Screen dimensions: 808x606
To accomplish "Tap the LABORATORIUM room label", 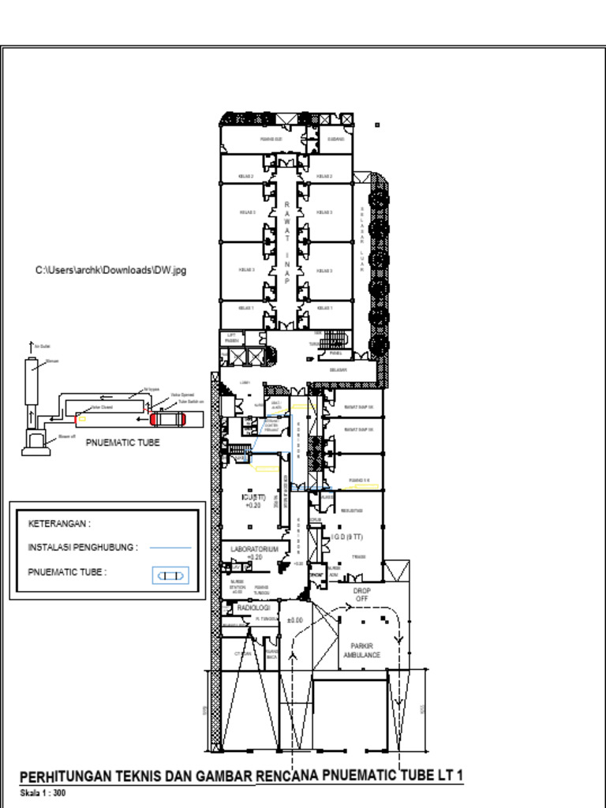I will click(254, 548).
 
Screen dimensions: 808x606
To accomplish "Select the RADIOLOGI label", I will click(254, 608).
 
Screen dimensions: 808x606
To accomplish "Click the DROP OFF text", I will click(361, 594).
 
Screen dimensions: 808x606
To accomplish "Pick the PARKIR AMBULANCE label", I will click(361, 650).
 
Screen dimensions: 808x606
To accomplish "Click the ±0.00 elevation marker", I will click(295, 620).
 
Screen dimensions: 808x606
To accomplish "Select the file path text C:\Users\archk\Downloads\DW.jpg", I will click(110, 271).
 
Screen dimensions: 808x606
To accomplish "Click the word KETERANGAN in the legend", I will click(59, 523).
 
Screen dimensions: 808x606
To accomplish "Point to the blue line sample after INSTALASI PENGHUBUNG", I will click(170, 547).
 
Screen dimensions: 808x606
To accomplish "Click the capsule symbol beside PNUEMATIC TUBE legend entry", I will click(170, 576).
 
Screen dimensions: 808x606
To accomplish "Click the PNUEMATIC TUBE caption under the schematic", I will click(122, 443).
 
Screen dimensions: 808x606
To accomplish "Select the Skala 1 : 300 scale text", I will click(43, 791).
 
